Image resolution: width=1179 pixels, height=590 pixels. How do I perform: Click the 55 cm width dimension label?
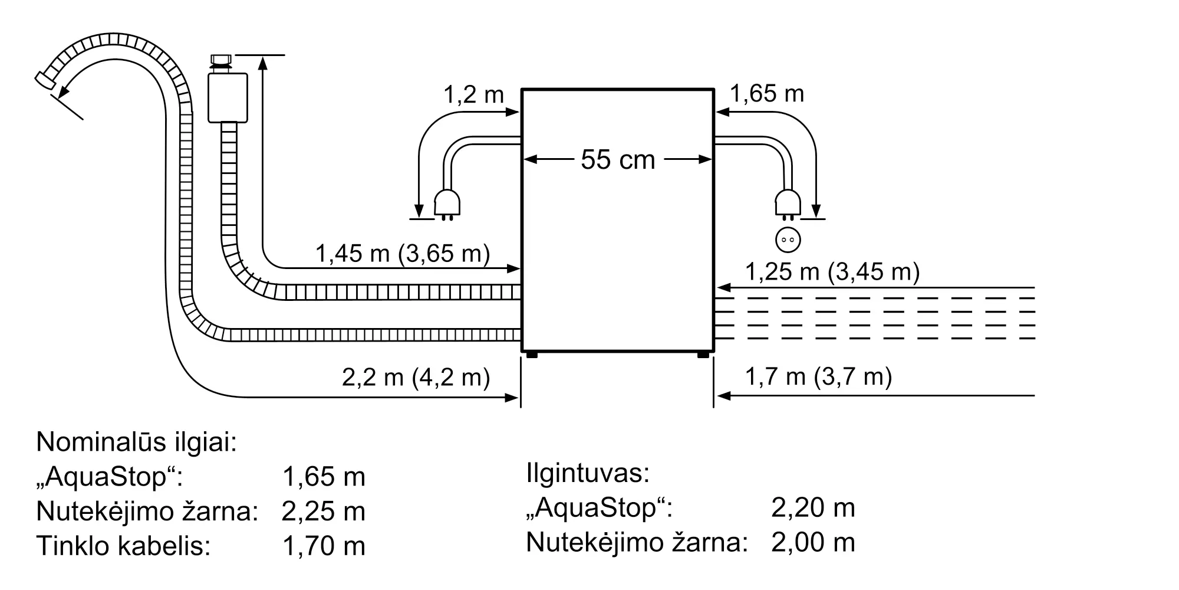tap(618, 160)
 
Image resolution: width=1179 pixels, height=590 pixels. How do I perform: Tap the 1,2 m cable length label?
tap(473, 94)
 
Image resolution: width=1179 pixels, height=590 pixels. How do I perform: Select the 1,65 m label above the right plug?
tap(767, 94)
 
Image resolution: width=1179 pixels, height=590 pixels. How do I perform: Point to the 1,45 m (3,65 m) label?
tap(403, 254)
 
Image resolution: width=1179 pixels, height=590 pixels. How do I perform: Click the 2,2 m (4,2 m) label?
tap(416, 377)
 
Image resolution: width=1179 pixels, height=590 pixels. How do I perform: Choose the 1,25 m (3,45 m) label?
tap(832, 271)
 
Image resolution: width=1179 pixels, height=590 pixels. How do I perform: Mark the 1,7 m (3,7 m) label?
tap(819, 376)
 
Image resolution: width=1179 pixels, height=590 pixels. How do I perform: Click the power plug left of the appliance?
tap(447, 204)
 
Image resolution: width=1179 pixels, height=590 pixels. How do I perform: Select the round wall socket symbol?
tap(788, 240)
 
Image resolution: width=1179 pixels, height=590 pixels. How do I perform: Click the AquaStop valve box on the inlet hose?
tap(228, 97)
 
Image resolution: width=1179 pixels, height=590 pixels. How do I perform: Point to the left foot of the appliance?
tap(531, 355)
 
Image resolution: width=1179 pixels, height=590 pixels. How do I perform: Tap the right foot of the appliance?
tap(703, 355)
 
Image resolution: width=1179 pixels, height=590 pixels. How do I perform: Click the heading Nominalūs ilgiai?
tap(136, 442)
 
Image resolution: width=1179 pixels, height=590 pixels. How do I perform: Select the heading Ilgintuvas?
tap(588, 473)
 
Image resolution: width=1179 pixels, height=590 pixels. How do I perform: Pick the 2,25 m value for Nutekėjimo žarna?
tap(324, 512)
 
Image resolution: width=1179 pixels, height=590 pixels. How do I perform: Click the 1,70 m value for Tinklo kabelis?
tap(324, 546)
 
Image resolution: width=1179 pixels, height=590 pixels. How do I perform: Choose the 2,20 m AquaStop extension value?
tap(813, 508)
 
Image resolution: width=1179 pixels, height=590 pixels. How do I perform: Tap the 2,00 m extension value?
tap(813, 542)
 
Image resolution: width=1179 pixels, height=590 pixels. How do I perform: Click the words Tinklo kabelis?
tap(124, 546)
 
